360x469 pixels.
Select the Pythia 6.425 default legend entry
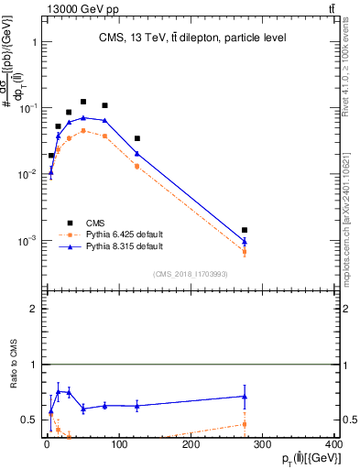click(x=123, y=234)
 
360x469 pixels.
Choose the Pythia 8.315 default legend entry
click(x=123, y=246)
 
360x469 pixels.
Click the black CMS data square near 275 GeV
click(x=245, y=230)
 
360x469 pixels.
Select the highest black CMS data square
click(x=83, y=102)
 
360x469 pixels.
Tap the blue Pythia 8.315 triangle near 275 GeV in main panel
click(x=245, y=242)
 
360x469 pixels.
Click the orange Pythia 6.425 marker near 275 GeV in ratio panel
click(x=245, y=424)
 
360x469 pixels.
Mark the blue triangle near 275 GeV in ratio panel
click(x=245, y=396)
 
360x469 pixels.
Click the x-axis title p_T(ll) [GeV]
click(x=300, y=459)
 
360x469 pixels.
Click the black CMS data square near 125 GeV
click(x=136, y=138)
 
